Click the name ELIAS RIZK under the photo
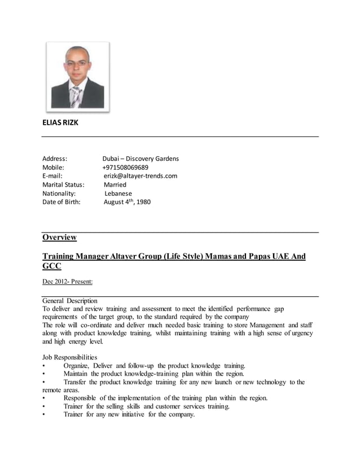(x=60, y=122)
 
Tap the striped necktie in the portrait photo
(x=76, y=96)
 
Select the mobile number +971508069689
(x=125, y=167)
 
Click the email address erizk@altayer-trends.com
(x=140, y=175)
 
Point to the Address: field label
(x=55, y=159)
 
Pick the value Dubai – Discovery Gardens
(x=141, y=159)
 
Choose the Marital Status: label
(x=63, y=184)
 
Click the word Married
(x=115, y=184)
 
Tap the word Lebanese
(x=118, y=193)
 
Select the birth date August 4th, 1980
(x=127, y=201)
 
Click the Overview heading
(x=59, y=238)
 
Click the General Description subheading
(x=70, y=301)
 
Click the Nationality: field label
(x=59, y=193)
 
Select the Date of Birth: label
(x=62, y=201)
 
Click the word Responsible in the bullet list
(x=82, y=398)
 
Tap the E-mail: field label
(x=52, y=175)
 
